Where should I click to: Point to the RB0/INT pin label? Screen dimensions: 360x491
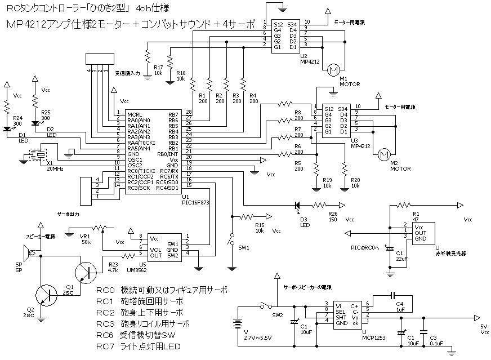coord(168,154)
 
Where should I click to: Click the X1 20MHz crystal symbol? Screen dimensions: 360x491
coord(39,154)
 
